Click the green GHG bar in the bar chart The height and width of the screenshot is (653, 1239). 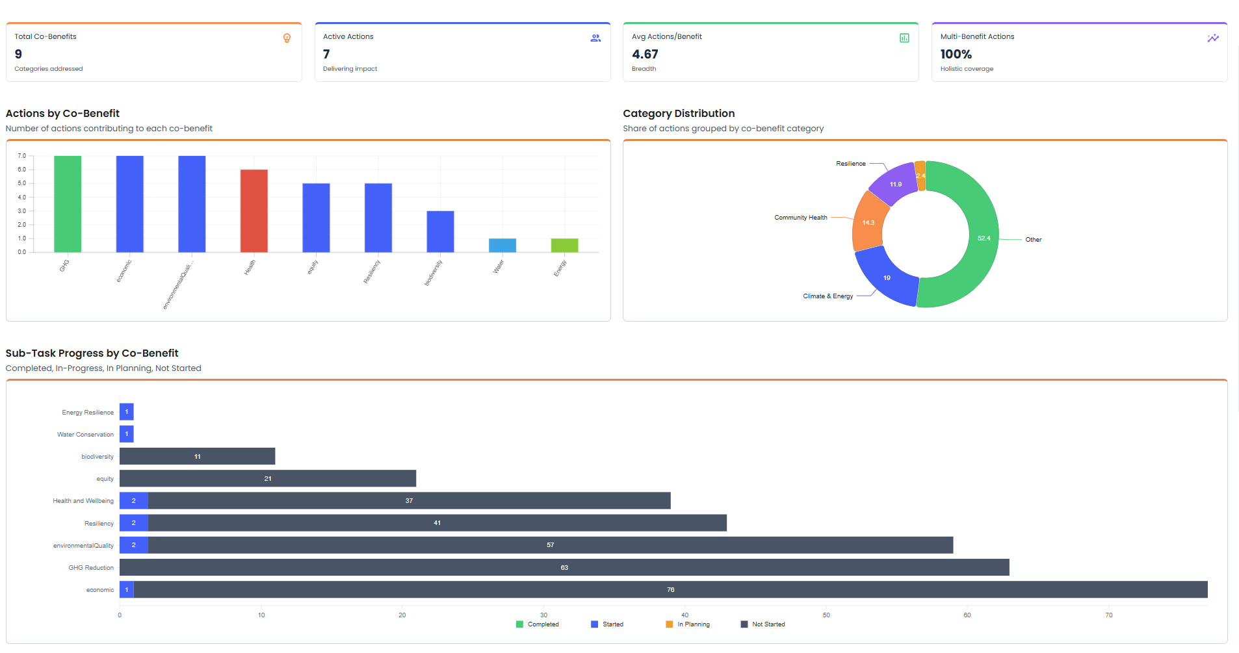[68, 204]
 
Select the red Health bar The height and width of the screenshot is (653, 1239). [254, 211]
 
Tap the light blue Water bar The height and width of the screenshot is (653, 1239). [502, 246]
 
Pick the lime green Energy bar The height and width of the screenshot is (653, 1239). [564, 246]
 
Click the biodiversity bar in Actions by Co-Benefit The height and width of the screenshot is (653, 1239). [440, 231]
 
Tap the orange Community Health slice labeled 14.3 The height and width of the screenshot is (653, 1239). [868, 223]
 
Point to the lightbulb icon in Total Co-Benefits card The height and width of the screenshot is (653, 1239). [287, 38]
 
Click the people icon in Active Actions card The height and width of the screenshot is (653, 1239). [595, 38]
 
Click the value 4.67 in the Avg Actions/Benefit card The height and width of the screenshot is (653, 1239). [645, 55]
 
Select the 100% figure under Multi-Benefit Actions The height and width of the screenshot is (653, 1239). [956, 55]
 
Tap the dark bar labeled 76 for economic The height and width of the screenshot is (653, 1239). [670, 590]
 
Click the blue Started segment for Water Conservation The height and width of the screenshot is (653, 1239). [127, 434]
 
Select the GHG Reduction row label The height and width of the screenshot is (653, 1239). [91, 568]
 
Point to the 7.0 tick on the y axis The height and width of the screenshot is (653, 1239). [22, 156]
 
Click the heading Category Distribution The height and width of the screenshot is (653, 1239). [679, 113]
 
